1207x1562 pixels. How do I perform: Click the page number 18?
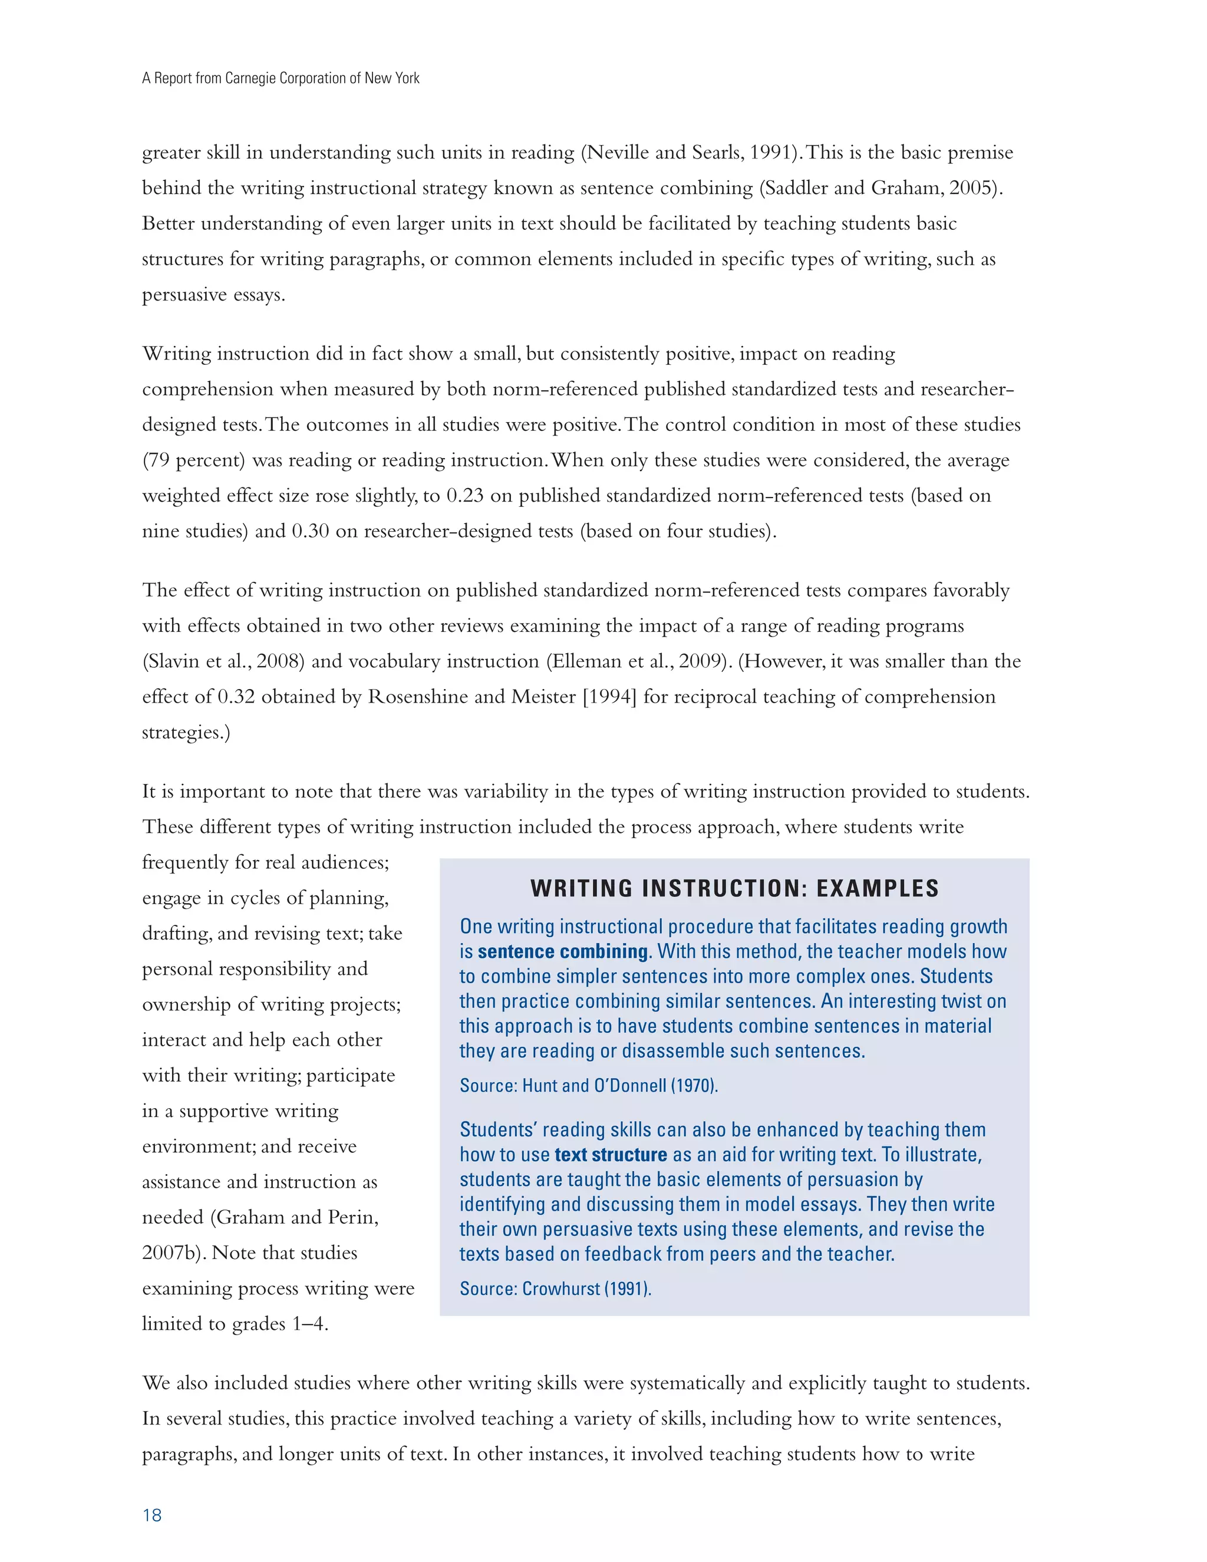[151, 1515]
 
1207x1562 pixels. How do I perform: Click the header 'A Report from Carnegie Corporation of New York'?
[281, 78]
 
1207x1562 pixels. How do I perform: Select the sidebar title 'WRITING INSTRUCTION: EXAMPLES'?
[734, 888]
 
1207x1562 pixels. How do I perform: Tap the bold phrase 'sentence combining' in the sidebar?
[563, 951]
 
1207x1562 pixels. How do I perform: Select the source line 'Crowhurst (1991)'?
[556, 1289]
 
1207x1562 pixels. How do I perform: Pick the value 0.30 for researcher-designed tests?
[309, 532]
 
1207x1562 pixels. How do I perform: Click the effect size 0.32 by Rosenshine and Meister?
[235, 697]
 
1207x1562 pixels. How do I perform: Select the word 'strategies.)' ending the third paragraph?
[186, 732]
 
